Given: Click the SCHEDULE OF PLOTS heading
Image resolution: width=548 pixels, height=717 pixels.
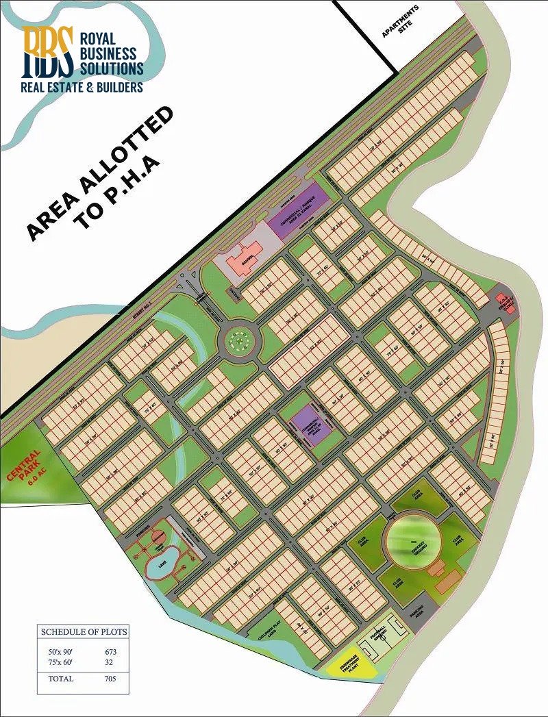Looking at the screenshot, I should [x=84, y=631].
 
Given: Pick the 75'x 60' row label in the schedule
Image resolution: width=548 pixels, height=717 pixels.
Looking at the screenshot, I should [x=56, y=662].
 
